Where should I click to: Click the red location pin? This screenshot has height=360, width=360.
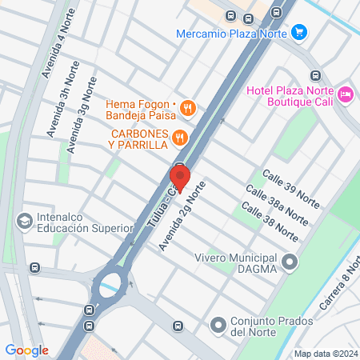(x=180, y=177)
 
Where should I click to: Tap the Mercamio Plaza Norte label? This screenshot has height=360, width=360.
(x=231, y=33)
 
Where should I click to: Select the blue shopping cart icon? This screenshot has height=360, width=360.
(x=299, y=33)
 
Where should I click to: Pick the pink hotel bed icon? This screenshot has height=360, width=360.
(x=346, y=94)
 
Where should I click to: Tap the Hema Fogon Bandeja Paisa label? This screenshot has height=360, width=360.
(x=141, y=110)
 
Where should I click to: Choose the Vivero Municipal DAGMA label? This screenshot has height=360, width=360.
(x=235, y=263)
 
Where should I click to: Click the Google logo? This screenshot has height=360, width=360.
(x=26, y=350)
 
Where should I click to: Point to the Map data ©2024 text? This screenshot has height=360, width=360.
(x=325, y=354)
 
